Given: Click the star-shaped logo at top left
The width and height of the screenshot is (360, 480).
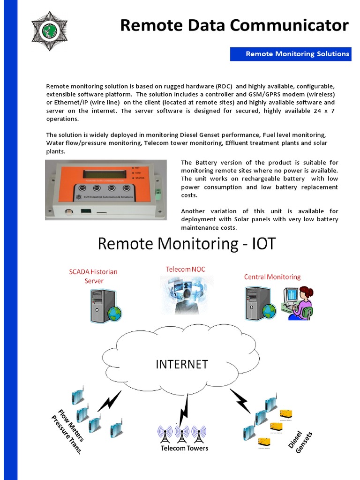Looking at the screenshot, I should tap(49, 31).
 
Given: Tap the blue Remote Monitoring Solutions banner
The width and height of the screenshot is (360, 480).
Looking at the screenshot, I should tap(291, 54).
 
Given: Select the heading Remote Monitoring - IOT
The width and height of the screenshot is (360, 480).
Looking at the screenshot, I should tap(187, 244).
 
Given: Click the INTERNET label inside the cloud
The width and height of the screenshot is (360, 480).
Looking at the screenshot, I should tap(182, 364).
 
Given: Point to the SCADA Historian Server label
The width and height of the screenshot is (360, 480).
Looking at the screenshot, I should tap(93, 276).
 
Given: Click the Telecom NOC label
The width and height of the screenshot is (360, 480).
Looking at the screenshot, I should tap(185, 269).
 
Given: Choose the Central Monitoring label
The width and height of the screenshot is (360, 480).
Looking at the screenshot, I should tap(272, 277).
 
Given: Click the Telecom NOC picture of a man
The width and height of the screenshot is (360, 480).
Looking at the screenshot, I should tap(187, 295).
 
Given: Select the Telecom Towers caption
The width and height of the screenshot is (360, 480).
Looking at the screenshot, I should tap(184, 448).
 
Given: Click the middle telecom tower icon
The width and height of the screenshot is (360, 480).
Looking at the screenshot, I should tap(182, 435).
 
